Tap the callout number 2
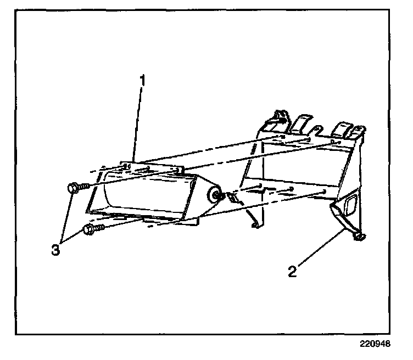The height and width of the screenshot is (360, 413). pos(293,271)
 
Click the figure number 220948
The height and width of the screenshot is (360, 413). pos(375,345)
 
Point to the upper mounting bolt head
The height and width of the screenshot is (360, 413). pos(72,188)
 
